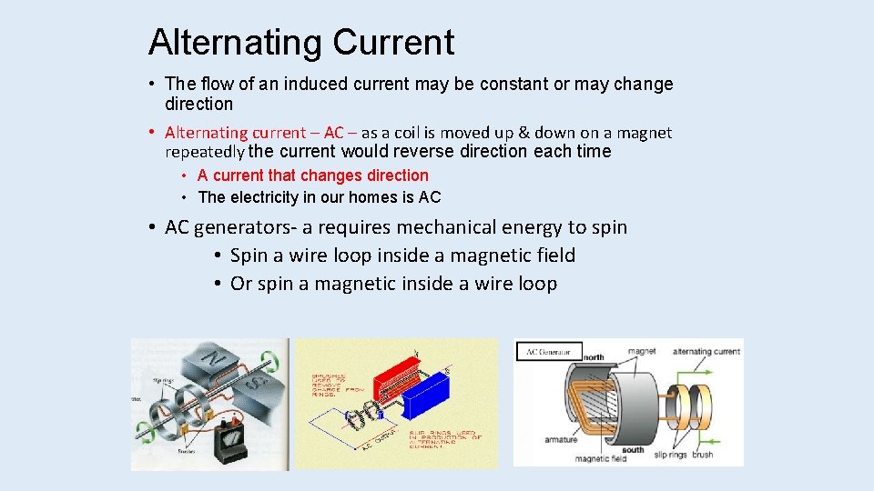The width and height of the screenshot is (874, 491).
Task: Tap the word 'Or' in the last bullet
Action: [x=241, y=284]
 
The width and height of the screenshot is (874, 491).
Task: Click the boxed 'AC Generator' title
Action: [x=549, y=351]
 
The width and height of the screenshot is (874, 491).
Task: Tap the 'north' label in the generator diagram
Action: [x=595, y=358]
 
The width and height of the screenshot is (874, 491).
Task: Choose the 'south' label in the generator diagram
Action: [x=633, y=449]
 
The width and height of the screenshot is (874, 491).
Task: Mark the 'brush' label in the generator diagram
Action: [x=703, y=454]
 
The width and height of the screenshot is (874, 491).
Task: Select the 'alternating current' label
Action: [x=706, y=351]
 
